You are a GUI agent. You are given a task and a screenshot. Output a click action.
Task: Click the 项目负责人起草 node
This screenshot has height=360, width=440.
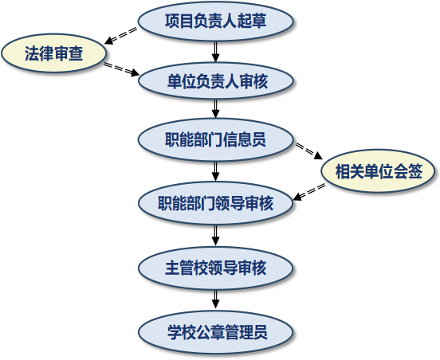point(215,22)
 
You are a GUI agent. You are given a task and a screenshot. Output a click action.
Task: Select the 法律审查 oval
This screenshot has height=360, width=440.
point(54,53)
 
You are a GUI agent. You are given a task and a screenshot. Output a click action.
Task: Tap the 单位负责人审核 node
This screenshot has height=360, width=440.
point(215,80)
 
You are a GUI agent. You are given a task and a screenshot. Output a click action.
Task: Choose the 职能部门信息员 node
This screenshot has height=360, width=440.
point(215,139)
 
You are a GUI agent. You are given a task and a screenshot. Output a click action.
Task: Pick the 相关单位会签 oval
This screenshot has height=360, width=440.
point(379,171)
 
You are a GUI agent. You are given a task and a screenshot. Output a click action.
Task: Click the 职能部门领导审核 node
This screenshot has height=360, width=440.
point(215,203)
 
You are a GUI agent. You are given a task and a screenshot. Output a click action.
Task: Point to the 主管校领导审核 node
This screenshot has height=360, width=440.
point(215,268)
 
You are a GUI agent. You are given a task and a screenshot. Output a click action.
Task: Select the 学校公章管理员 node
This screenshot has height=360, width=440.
point(215,332)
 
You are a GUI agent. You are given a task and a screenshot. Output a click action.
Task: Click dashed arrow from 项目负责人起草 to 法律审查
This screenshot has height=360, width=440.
point(120,36)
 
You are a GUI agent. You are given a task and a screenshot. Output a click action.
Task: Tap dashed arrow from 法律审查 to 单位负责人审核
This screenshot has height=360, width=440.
point(122,69)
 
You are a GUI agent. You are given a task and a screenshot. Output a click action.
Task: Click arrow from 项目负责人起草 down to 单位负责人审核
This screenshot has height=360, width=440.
point(215,52)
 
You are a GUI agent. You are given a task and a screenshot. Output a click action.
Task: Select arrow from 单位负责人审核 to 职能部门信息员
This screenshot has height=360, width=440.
point(215,109)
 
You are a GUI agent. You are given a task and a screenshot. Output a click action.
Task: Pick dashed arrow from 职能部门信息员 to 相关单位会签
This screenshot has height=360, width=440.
point(308,151)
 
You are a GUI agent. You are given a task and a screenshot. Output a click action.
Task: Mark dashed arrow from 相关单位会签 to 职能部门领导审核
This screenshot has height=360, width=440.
point(309,192)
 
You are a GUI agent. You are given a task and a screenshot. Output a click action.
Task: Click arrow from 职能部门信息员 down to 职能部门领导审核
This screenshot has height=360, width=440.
point(215,171)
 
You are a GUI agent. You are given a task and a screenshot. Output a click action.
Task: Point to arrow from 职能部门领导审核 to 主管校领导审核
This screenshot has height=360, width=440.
point(215,236)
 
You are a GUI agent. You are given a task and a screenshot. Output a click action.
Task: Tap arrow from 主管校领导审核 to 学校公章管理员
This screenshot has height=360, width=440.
point(215,300)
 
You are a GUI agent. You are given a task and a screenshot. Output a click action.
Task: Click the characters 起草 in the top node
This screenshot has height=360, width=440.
point(252,21)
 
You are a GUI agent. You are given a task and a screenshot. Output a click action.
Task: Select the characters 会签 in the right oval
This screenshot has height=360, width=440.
point(408,171)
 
